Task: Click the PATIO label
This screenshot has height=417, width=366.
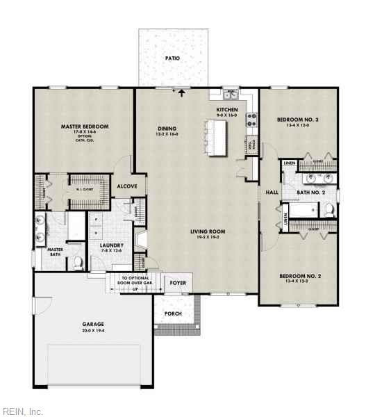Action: [172, 58]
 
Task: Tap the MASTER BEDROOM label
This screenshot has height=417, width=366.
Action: [85, 126]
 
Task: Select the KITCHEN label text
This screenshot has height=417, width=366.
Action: [227, 111]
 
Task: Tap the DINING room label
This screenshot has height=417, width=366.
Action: [167, 129]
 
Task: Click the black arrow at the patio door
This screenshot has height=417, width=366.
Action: [183, 91]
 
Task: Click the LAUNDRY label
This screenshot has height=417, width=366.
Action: [111, 245]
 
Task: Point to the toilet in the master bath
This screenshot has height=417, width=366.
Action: [78, 263]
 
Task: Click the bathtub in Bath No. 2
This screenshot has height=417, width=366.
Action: [303, 210]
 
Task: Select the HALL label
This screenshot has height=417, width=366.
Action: [272, 192]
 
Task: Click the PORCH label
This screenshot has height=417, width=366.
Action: [173, 313]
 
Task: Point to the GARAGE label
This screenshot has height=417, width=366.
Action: [93, 324]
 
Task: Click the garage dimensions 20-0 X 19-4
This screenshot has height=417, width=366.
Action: [93, 331]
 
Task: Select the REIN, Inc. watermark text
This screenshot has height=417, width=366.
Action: [22, 411]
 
